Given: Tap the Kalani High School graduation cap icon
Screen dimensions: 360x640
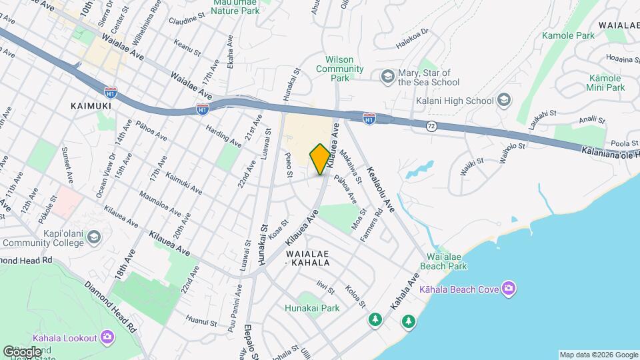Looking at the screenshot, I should point(504,101).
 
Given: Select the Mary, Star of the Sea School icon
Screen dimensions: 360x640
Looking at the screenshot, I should point(387,77).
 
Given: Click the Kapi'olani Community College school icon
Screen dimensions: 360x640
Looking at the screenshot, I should point(95,237).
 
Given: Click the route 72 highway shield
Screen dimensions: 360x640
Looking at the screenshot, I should point(432,125).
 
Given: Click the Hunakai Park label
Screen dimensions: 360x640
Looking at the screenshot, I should point(312,308).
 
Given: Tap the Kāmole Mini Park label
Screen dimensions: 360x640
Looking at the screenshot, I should point(605,83).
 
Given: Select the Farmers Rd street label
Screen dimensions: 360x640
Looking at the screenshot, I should point(374,226).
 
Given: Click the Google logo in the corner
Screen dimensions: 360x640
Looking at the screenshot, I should point(22,351).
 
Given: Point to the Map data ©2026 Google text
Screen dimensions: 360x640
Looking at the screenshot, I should point(598,355).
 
